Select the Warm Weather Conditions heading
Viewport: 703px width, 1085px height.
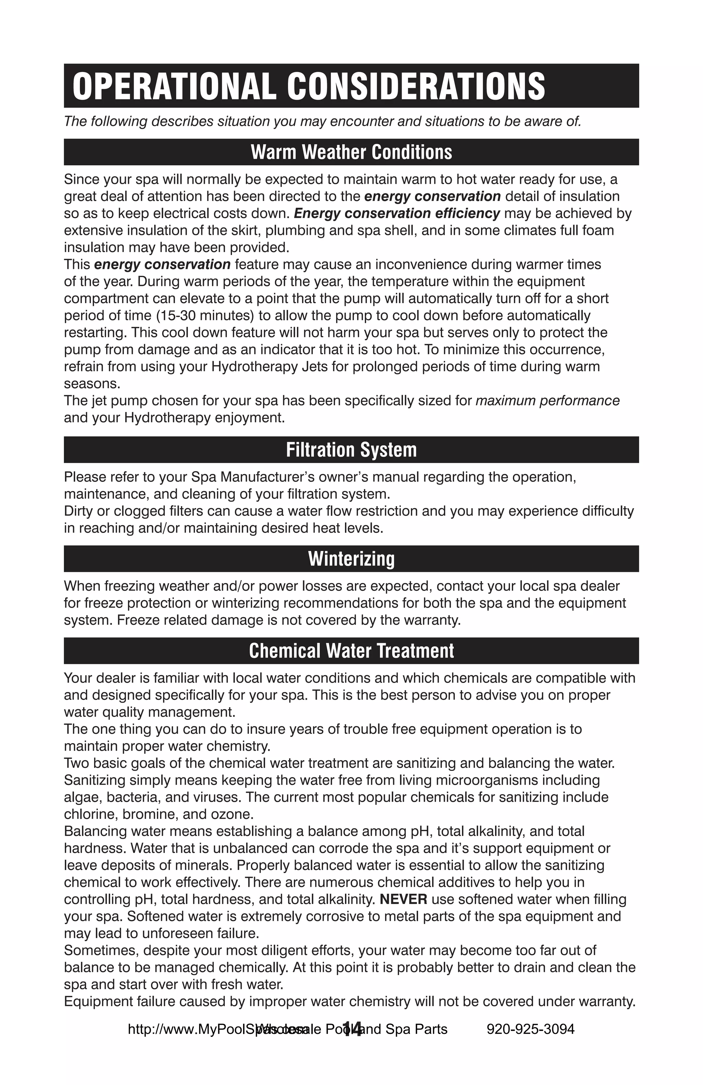point(351,152)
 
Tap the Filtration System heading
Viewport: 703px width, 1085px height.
point(351,450)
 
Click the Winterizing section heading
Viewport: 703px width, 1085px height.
point(351,559)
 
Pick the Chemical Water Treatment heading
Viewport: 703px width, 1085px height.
point(351,651)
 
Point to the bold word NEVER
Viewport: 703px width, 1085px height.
point(403,899)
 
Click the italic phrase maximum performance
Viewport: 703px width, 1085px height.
point(548,401)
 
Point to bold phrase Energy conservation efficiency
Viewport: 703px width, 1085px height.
point(397,213)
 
